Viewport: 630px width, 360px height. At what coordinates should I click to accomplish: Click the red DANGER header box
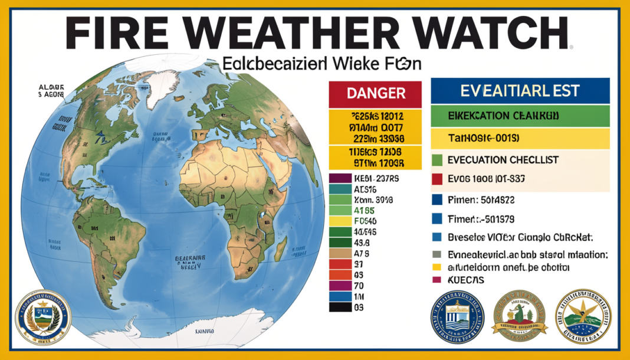(375, 93)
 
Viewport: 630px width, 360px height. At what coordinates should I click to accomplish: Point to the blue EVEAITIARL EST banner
(520, 91)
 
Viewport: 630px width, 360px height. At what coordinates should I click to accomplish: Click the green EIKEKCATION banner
(520, 116)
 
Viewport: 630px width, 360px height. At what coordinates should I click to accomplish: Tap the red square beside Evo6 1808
(437, 179)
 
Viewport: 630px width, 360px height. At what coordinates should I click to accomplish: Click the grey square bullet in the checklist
(437, 255)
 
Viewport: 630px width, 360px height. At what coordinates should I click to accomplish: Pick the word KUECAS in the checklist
(467, 280)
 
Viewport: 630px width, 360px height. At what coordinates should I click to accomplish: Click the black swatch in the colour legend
(340, 307)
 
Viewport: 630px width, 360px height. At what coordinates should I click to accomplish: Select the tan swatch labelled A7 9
(340, 253)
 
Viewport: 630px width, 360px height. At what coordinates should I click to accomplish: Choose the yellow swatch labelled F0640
(340, 221)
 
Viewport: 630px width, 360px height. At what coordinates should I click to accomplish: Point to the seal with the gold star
(583, 316)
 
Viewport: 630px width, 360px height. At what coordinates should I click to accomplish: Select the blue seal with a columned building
(457, 318)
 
